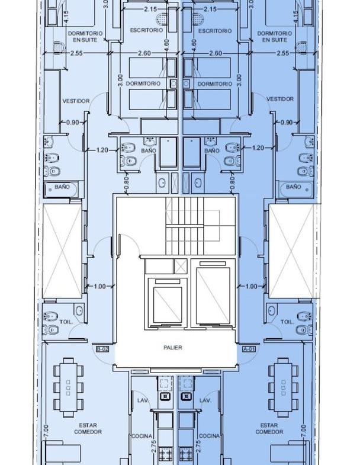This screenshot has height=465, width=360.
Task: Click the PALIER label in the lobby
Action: [x=172, y=347]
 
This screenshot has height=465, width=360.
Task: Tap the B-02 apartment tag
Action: [x=102, y=349]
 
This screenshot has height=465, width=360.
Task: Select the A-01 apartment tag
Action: [x=249, y=349]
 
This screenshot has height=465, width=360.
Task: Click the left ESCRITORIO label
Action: [x=146, y=30]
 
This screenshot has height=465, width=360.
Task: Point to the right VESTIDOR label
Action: [x=280, y=99]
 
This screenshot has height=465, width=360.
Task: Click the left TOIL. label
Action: [x=66, y=322]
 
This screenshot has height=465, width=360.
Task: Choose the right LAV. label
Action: [x=205, y=400]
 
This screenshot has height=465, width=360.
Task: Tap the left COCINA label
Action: [x=142, y=436]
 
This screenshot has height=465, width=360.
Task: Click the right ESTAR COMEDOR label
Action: [x=269, y=428]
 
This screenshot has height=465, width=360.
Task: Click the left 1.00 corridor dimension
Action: [x=99, y=287]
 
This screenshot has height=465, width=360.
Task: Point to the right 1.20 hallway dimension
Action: [x=258, y=147]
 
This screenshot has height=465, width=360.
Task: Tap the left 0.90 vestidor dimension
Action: [x=72, y=122]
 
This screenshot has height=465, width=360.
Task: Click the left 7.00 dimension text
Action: [x=46, y=431]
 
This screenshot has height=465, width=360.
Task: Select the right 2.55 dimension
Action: [x=282, y=53]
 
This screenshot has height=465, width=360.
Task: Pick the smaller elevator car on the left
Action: [x=167, y=305]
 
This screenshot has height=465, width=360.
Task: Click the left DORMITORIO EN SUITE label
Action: [x=85, y=37]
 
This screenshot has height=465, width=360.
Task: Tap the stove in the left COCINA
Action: [x=165, y=453]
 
